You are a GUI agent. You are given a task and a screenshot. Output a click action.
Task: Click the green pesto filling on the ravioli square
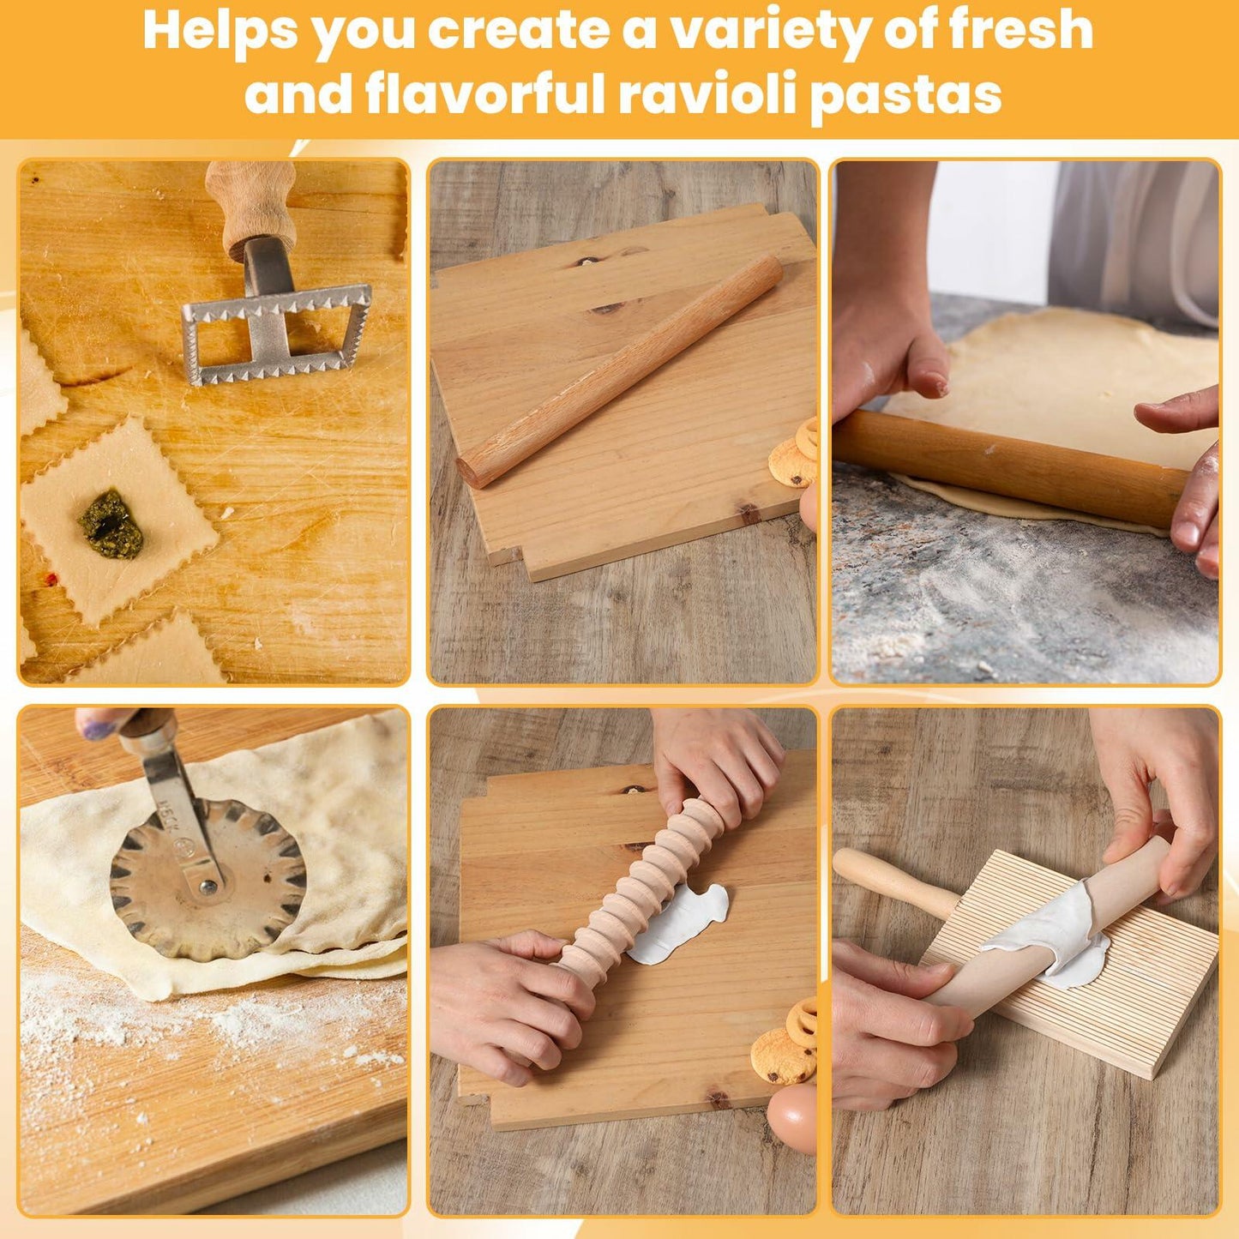111,523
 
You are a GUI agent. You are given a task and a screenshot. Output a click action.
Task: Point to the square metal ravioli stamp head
276,335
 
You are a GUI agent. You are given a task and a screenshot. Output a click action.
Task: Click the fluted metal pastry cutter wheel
208,881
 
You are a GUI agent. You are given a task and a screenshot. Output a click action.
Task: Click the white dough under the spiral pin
682,923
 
